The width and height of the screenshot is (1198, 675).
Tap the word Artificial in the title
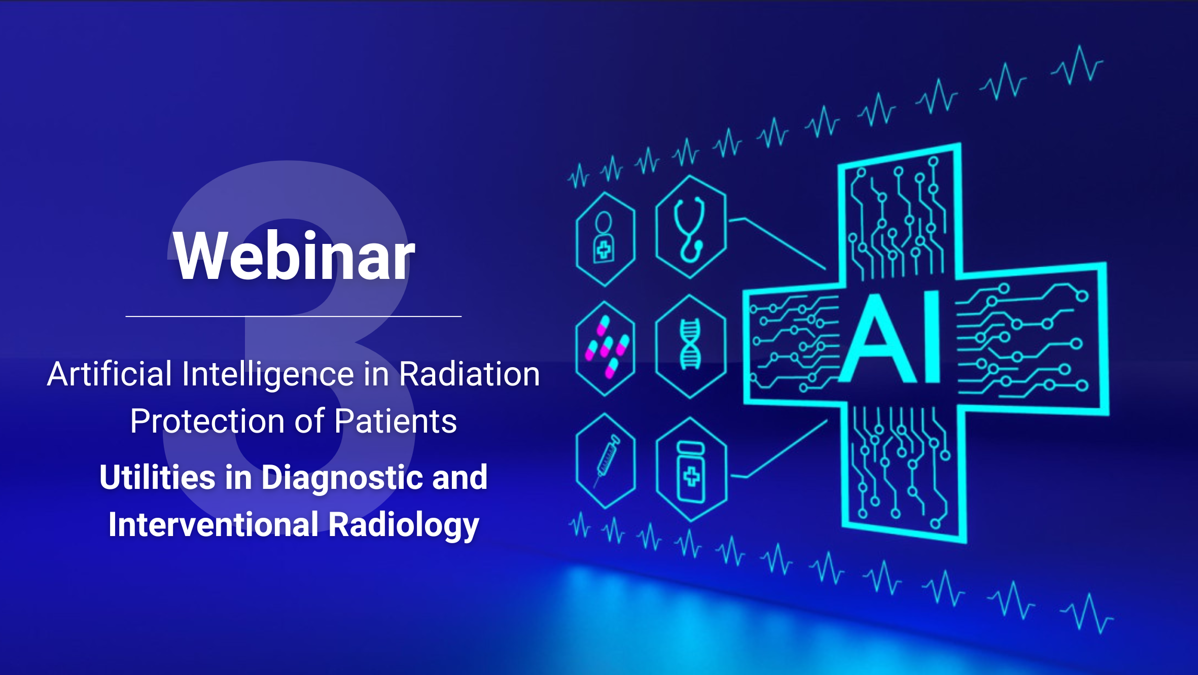click(110, 374)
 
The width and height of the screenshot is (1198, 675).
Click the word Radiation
click(469, 374)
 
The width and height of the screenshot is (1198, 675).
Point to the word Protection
click(207, 421)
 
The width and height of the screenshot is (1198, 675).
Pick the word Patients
click(396, 421)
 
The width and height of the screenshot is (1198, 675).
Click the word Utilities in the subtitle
click(158, 477)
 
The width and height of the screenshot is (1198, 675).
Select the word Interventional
click(214, 524)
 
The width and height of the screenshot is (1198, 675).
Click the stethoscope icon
click(690, 229)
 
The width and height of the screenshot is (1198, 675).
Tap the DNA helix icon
click(690, 344)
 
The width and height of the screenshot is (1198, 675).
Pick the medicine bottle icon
click(691, 472)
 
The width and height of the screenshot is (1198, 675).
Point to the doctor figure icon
click(604, 237)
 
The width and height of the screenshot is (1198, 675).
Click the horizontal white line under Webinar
click(294, 316)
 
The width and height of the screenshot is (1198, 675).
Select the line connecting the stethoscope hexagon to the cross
click(777, 243)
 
